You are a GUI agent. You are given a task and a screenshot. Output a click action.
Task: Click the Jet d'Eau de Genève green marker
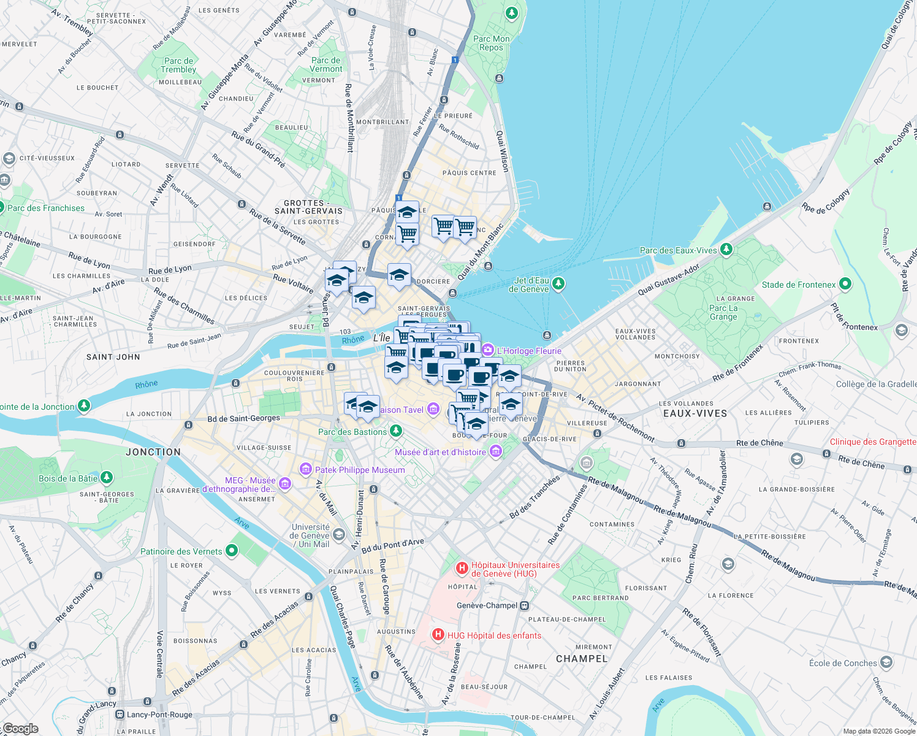[558, 283]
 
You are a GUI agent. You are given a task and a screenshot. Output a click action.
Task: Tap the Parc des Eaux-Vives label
[678, 250]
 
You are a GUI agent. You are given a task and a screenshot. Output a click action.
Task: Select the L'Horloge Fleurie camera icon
[488, 350]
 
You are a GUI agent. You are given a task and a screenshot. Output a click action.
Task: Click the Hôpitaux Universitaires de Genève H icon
[462, 569]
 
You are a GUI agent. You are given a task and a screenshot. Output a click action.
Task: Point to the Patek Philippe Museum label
[360, 470]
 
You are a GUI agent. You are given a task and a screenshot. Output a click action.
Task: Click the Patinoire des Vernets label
[181, 551]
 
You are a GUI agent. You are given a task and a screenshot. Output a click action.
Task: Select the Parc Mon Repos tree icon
[512, 12]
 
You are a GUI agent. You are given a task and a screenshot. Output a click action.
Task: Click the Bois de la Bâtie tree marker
[107, 477]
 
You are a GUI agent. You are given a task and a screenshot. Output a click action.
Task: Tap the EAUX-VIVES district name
[695, 413]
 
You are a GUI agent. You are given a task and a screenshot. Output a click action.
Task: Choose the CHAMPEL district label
[582, 659]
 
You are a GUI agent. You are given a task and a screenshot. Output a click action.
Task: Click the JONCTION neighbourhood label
[153, 452]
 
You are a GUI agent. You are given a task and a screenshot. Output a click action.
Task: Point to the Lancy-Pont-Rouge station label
[159, 715]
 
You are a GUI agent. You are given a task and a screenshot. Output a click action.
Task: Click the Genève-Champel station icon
[524, 605]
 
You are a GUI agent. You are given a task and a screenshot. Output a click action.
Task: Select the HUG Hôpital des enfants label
[494, 635]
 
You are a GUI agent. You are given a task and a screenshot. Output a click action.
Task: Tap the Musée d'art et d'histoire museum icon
[495, 452]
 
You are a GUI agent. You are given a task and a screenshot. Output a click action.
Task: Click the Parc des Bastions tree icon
[396, 431]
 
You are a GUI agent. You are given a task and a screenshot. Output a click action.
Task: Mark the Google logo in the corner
[20, 729]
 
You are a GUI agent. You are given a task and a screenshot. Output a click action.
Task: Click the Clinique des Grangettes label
[873, 442]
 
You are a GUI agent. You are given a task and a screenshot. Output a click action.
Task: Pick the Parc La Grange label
[723, 313]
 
